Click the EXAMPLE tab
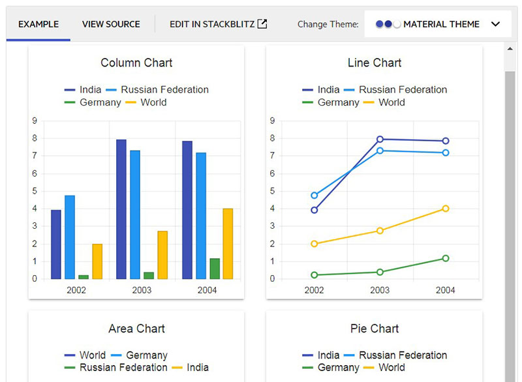(38, 24)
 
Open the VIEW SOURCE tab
(111, 24)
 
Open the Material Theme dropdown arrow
(495, 24)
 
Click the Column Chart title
(136, 63)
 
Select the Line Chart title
(375, 63)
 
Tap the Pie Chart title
(375, 329)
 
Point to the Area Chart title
(136, 329)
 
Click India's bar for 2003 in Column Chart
(121, 209)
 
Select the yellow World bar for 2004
(228, 244)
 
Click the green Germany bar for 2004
(215, 269)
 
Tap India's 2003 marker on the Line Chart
(380, 139)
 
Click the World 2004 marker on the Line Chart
(446, 209)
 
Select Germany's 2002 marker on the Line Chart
(315, 275)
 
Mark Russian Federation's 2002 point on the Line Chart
(315, 196)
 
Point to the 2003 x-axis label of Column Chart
(142, 290)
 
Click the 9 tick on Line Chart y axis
(272, 121)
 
